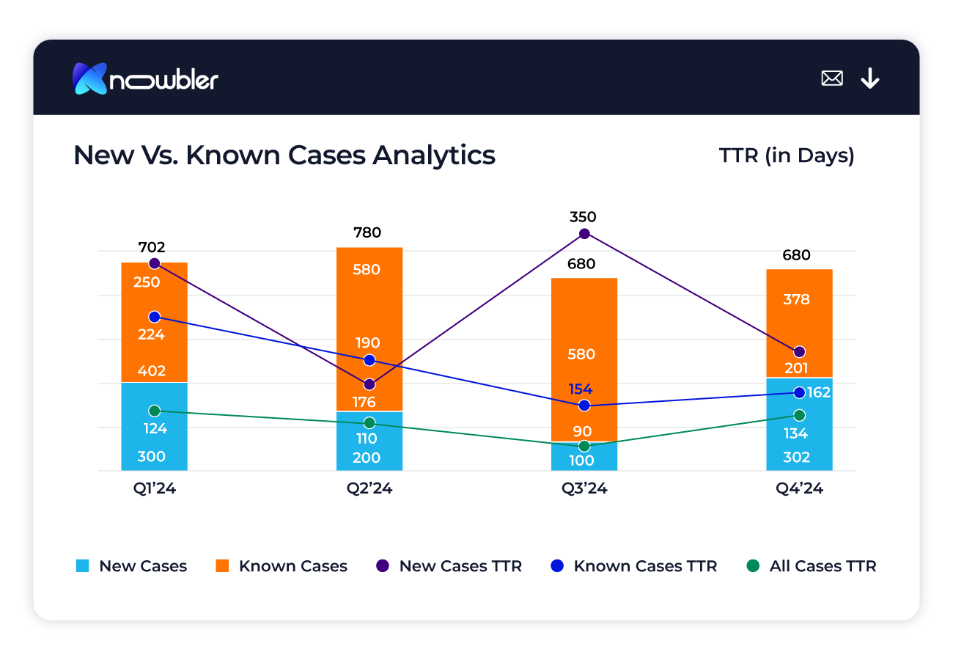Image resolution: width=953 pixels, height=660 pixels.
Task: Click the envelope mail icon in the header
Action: point(832,78)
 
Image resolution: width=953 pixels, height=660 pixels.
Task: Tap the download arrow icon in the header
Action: point(869,78)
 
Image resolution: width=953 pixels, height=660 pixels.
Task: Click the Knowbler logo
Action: point(145,78)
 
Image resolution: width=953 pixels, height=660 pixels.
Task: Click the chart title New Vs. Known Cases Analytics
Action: point(284,155)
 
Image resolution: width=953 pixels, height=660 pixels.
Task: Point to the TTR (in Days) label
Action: point(786,155)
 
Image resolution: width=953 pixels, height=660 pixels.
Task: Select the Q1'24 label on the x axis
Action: point(155,488)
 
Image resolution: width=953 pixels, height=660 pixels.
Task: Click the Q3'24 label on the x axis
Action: point(584,488)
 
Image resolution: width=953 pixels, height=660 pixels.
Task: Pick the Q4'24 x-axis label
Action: point(799,488)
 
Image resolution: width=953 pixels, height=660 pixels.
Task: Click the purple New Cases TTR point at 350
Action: point(584,234)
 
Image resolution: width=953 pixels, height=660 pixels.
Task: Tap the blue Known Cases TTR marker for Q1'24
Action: point(155,317)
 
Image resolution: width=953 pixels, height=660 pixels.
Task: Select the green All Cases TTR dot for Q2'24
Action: point(369,423)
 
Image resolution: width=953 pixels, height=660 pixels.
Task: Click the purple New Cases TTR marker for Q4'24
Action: point(799,352)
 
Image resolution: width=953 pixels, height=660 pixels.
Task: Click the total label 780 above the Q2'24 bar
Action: point(367,232)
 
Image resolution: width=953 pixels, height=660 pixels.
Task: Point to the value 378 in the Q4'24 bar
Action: point(796,299)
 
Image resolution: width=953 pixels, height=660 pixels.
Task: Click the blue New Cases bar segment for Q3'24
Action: point(584,456)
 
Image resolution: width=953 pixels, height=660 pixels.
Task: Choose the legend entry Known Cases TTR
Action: point(634,566)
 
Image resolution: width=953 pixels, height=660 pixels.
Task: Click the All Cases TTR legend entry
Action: point(812,566)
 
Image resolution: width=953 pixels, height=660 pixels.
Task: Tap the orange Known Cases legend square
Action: point(222,566)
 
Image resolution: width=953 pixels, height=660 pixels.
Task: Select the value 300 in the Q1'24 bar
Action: point(152,457)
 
